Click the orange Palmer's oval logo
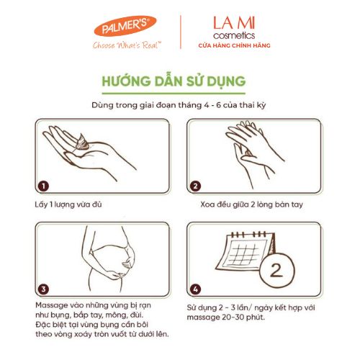[125, 26]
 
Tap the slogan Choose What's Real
[127, 45]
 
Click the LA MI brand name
[234, 23]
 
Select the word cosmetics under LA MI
[234, 35]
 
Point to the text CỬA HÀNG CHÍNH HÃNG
[234, 45]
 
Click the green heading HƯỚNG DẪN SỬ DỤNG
[174, 81]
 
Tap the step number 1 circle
[43, 186]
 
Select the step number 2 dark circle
[195, 186]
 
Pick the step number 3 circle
[43, 289]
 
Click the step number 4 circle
[195, 289]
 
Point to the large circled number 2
[276, 270]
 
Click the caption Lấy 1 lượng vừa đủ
[68, 204]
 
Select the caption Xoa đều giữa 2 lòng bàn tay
[251, 204]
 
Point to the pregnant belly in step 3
[110, 261]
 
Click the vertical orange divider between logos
[181, 32]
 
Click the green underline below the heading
[174, 93]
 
